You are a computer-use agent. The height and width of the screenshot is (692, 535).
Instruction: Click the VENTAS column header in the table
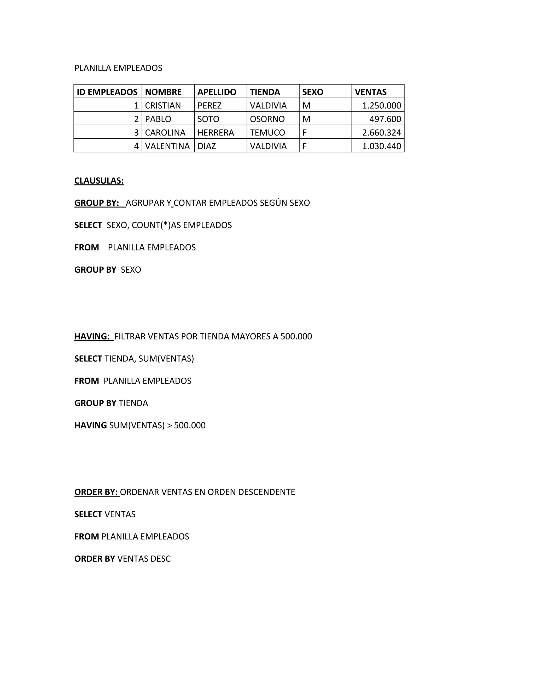370,92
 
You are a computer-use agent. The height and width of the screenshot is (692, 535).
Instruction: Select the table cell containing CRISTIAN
163,105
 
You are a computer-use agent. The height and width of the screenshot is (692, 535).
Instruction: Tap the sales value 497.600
385,119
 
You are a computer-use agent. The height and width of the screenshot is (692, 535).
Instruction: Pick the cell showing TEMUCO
267,132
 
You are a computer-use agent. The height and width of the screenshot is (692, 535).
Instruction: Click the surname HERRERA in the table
216,132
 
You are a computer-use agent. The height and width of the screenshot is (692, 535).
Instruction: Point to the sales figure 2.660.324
382,132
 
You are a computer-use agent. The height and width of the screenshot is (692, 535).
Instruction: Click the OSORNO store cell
267,119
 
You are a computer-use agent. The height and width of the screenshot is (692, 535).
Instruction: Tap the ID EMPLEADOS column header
107,92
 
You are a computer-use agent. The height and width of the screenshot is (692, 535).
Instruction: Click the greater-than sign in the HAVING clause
169,425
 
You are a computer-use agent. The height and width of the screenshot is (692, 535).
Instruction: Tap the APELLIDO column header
217,92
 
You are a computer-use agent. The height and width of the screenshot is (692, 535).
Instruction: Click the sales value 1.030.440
382,146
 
